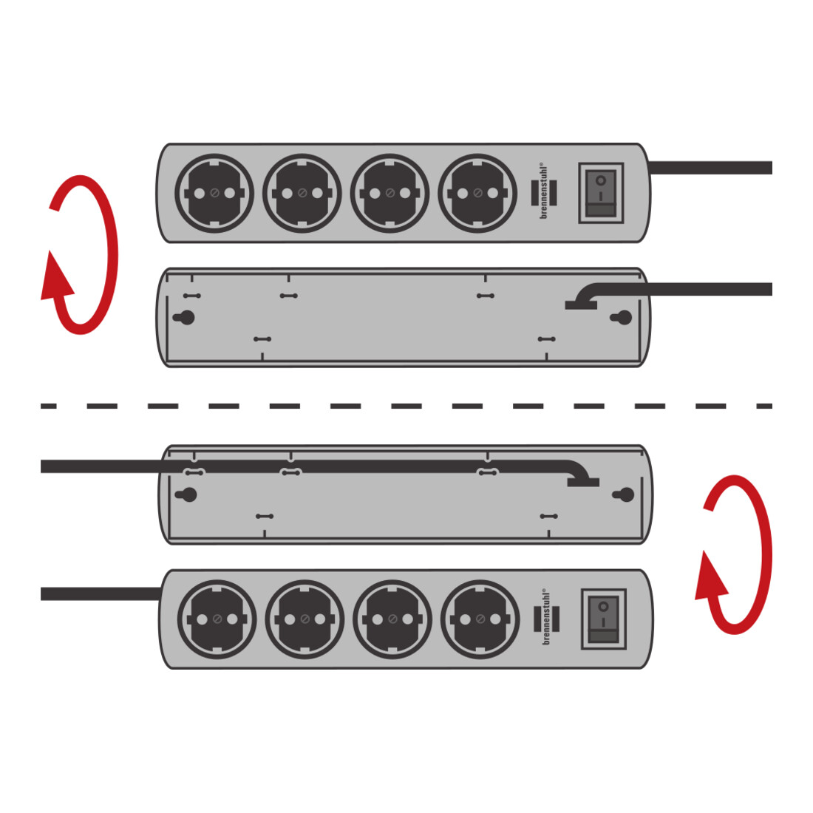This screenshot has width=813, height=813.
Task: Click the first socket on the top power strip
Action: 214,194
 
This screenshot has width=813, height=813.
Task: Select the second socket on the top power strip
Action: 302,194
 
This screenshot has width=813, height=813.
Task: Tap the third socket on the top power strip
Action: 390,194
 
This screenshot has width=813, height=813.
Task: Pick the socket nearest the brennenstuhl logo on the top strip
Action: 477,194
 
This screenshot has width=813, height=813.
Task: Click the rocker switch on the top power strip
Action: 601,194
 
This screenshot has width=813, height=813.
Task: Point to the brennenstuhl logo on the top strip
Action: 544,192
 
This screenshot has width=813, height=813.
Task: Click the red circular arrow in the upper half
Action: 80,254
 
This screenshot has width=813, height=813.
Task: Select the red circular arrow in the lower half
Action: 734,554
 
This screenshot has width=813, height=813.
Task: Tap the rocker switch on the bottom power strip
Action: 604,619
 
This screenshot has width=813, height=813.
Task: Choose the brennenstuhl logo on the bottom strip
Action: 546,618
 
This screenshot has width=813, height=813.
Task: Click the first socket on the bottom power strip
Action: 217,619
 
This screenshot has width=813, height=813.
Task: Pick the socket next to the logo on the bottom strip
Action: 480,619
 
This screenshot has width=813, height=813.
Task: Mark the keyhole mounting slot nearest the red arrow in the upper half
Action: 185,317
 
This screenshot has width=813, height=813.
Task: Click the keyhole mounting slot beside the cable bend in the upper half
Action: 622,317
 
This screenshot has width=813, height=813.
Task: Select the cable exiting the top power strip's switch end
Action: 710,168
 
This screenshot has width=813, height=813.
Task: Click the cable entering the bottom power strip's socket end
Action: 101,593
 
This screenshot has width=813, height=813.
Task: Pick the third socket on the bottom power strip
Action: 392,619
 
